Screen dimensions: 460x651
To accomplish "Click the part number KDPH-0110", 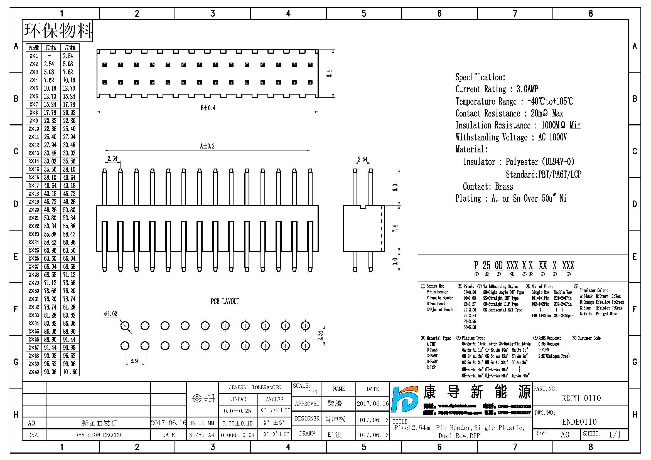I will coord(581,398).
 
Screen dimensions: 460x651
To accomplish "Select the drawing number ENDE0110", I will coord(579,422).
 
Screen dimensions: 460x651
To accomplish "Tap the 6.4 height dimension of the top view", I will coord(329,74).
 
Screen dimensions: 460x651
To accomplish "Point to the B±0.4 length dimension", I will coord(208,108).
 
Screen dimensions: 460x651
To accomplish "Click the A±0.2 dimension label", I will coord(207,146).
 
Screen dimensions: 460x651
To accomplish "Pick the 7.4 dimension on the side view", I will coord(395,228).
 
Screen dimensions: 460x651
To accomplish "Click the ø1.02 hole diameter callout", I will coord(110,314).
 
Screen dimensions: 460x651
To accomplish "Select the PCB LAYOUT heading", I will coord(225,301).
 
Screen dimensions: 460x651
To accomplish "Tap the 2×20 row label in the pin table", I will coord(34,210).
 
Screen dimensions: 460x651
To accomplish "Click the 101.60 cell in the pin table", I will coord(70,372).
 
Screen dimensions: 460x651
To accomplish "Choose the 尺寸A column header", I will coord(51,48).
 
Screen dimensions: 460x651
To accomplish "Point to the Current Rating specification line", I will coord(497,89).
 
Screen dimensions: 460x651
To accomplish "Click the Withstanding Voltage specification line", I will coord(511,137).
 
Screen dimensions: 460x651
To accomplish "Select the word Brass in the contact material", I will coord(504,186).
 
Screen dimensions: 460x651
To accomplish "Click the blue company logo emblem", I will coord(405,399).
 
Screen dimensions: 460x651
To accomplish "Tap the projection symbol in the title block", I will coord(203,399).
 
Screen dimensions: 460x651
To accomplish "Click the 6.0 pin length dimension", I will coord(395,187).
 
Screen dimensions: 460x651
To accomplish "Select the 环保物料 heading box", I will coord(58,31).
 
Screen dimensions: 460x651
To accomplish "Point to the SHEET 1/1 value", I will coord(615,434).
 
